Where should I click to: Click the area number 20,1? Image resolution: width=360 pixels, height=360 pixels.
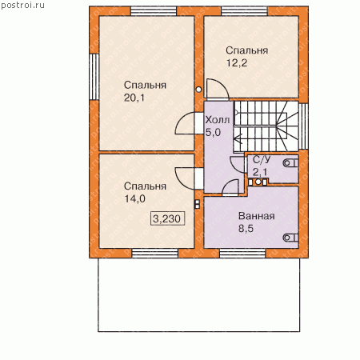point(134,98)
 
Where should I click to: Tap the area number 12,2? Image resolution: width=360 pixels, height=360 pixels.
point(237,63)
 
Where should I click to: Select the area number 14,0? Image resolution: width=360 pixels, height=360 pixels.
point(135,198)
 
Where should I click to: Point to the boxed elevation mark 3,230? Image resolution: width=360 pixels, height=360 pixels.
point(167,218)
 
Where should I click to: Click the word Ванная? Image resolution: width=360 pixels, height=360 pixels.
point(257,216)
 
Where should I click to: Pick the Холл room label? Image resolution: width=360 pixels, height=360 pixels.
point(218,120)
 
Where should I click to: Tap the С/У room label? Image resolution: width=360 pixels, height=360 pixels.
point(262,159)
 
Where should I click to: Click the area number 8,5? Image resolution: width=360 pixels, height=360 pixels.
point(246,229)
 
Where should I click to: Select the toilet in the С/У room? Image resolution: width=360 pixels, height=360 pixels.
point(290,162)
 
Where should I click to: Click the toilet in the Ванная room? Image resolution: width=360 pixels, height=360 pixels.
point(290,238)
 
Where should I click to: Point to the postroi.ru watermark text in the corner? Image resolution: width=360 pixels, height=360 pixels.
point(22,6)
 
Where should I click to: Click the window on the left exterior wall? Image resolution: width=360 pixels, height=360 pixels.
point(94,77)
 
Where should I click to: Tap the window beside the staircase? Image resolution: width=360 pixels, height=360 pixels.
point(303,126)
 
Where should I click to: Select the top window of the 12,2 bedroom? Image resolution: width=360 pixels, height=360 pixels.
point(245,11)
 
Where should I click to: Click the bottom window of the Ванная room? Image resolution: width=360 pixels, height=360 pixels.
point(242,254)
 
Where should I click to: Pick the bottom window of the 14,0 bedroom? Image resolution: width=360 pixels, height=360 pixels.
point(155,254)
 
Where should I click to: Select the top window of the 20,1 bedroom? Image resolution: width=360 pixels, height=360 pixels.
point(154,11)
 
